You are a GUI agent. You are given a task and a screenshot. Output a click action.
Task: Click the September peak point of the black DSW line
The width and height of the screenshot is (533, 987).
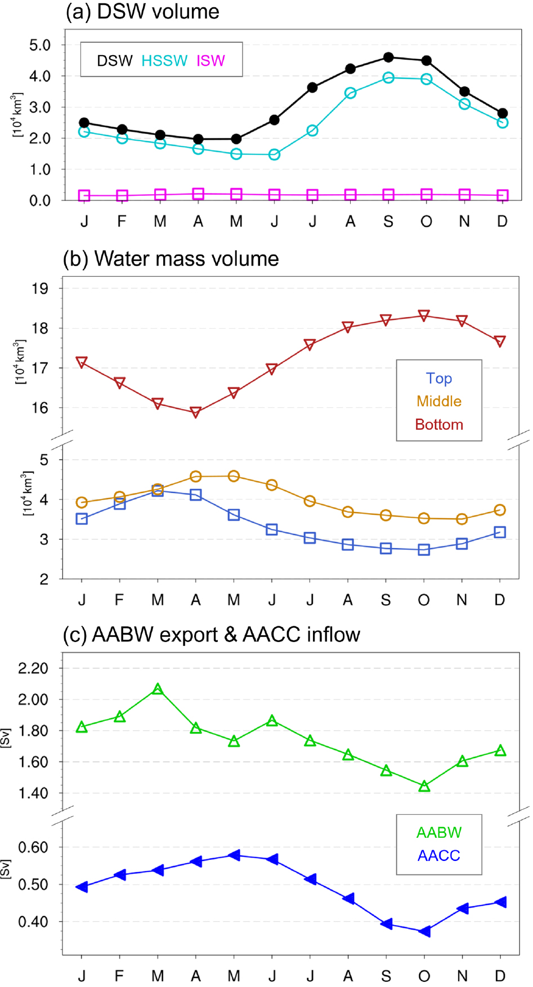click(388, 57)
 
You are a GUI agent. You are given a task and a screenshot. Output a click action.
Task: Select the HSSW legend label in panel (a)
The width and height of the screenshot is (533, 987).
click(164, 61)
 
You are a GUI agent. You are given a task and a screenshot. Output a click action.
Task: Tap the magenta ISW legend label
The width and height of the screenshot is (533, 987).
click(210, 61)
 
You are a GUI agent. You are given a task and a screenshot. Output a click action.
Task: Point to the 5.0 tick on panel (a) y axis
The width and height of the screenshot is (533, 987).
click(40, 45)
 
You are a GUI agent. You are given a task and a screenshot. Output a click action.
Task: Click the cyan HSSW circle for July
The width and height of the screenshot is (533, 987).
click(312, 131)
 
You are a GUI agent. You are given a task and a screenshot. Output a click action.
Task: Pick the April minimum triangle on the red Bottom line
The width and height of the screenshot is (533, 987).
click(196, 412)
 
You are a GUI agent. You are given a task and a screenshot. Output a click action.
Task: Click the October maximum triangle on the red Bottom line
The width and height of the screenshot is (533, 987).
click(424, 315)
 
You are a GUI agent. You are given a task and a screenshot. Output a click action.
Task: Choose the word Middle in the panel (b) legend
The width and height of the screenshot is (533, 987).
click(439, 401)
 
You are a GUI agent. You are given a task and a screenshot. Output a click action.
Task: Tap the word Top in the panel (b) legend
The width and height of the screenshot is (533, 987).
click(439, 378)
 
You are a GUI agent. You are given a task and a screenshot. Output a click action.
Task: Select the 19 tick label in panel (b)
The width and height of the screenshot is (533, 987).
click(40, 289)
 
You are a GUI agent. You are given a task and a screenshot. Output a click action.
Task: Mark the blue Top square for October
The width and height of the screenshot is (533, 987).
click(424, 549)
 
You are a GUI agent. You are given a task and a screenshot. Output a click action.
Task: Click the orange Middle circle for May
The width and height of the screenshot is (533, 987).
click(234, 477)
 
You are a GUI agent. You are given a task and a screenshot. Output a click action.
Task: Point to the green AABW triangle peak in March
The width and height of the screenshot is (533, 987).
click(158, 689)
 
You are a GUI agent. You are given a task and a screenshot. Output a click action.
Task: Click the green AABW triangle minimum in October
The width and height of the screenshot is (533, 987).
click(424, 786)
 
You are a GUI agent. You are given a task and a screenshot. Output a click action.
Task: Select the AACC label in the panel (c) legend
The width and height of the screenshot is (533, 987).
click(439, 855)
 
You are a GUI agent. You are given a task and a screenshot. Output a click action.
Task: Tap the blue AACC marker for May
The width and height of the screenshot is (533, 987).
click(234, 855)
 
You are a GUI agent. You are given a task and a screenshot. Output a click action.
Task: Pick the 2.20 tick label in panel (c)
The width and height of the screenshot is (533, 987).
click(33, 669)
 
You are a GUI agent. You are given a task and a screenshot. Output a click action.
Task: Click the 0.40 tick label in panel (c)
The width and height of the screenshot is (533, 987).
click(33, 922)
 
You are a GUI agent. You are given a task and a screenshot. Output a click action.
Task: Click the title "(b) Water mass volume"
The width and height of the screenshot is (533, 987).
click(171, 259)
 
